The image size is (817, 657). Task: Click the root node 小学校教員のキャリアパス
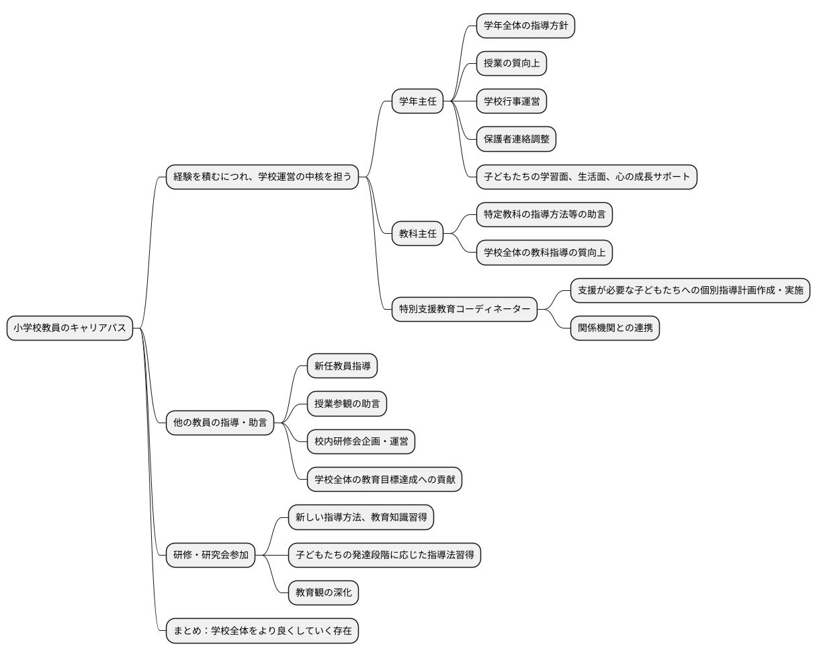70,328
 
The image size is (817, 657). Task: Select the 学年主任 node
417,102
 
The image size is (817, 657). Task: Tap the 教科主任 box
417,234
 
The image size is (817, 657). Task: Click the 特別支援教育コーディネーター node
464,309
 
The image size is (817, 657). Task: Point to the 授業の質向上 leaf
511,64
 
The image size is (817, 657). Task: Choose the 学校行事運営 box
511,102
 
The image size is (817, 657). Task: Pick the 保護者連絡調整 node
516,140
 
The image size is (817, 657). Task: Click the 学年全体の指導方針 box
525,26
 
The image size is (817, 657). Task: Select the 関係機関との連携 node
615,328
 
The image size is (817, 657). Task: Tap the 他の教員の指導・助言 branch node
220,423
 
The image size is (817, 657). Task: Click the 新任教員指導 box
342,366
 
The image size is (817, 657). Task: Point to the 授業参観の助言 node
347,404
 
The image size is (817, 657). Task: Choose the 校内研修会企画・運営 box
361,442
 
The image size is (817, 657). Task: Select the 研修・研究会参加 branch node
210,555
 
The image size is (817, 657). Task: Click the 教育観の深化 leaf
323,593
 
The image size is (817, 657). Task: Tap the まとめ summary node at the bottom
262,631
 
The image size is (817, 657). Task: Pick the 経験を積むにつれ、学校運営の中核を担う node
262,177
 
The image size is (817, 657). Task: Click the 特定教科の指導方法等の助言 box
544,215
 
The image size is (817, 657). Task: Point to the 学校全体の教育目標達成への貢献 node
384,480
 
